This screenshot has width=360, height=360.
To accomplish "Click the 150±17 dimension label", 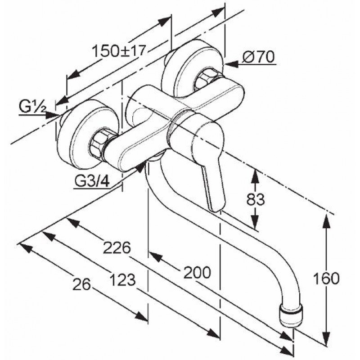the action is (x=119, y=51).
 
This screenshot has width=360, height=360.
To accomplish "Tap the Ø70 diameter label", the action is (x=258, y=57).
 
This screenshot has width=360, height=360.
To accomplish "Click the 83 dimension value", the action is (x=255, y=199).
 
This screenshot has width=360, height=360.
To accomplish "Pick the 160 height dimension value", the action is (x=326, y=278).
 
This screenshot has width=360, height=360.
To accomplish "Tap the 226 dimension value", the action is (x=117, y=248).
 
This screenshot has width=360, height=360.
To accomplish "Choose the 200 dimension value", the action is (x=197, y=272).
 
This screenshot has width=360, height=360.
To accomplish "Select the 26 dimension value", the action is (x=81, y=285).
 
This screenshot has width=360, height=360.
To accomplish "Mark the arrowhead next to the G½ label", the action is (x=51, y=115).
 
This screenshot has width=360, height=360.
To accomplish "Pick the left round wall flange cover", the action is (x=88, y=134).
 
